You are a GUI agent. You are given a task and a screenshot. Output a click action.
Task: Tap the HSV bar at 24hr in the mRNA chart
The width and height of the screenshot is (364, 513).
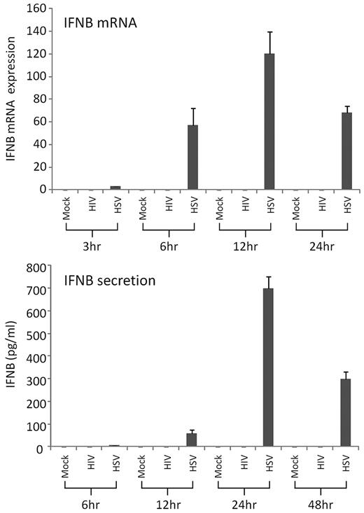coord(346,150)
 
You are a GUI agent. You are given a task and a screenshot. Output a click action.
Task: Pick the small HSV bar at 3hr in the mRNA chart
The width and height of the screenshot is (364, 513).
coord(115,188)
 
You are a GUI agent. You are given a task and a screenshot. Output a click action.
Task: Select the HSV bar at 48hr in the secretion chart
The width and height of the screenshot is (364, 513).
coord(345,413)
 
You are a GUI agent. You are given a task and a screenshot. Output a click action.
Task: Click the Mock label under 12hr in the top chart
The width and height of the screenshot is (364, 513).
coord(220,208)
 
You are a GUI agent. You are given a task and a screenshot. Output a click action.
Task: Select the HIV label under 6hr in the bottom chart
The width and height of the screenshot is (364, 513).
coord(90,465)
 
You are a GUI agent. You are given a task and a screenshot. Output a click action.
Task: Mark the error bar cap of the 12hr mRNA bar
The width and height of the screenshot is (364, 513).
coord(269,31)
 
